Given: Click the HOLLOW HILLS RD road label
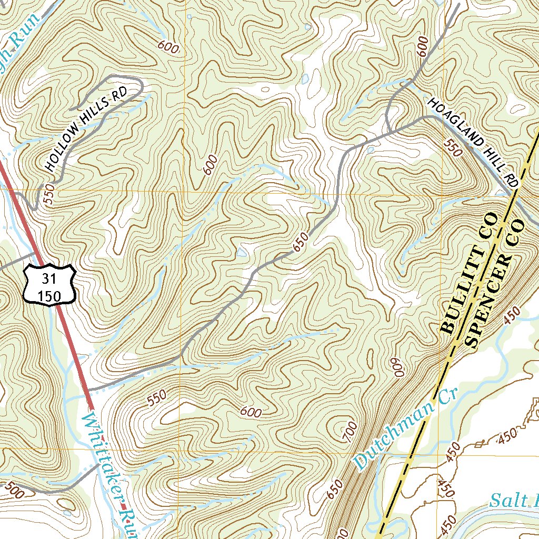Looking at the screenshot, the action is [x=87, y=130].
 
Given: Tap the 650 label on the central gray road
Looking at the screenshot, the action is [x=301, y=243].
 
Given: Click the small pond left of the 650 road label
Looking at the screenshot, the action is [x=242, y=252].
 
